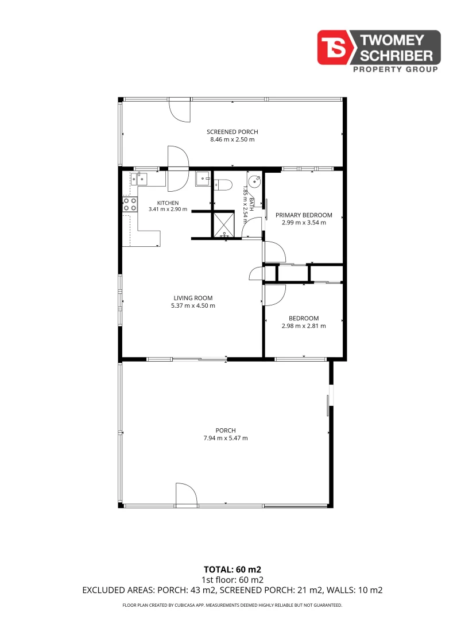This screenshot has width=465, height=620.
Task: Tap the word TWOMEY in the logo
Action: pyautogui.click(x=392, y=40)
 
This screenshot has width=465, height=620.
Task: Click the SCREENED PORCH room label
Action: pyautogui.click(x=232, y=131)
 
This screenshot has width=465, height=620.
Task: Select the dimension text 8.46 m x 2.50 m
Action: pyautogui.click(x=232, y=139)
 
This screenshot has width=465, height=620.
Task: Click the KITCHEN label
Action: pyautogui.click(x=168, y=203)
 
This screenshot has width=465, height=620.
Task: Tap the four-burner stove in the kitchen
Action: pyautogui.click(x=130, y=204)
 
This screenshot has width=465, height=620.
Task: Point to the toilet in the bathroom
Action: pyautogui.click(x=223, y=185)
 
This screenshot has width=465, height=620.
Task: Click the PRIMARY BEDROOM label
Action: pyautogui.click(x=304, y=215)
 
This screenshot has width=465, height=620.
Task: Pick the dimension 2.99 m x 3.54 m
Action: pyautogui.click(x=304, y=223)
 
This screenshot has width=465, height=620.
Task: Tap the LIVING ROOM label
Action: pyautogui.click(x=193, y=298)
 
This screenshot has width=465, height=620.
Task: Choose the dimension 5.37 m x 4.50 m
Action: pyautogui.click(x=193, y=305)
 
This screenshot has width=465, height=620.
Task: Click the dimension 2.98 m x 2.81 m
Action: pyautogui.click(x=304, y=326)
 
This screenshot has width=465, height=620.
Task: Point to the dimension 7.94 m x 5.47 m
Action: pyautogui.click(x=226, y=438)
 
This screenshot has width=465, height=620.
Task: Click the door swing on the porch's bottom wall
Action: pyautogui.click(x=187, y=494)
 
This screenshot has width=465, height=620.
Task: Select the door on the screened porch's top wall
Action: pyautogui.click(x=180, y=110)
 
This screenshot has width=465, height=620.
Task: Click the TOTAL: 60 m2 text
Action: pyautogui.click(x=232, y=569)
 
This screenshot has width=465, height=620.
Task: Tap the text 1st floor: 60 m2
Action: pyautogui.click(x=232, y=580)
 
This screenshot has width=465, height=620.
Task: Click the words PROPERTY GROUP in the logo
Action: pyautogui.click(x=396, y=69)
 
